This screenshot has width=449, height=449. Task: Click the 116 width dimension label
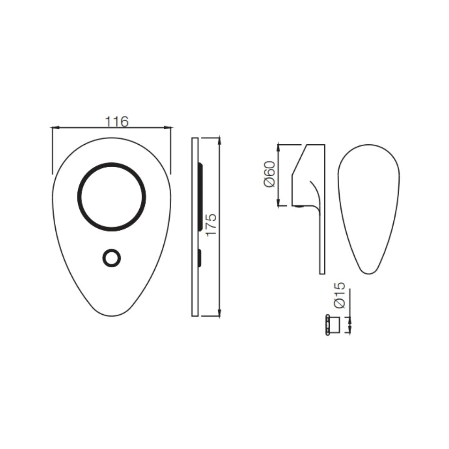tap(117, 121)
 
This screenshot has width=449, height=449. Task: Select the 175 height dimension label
tap(212, 225)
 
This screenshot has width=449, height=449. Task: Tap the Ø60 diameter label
tap(269, 174)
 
